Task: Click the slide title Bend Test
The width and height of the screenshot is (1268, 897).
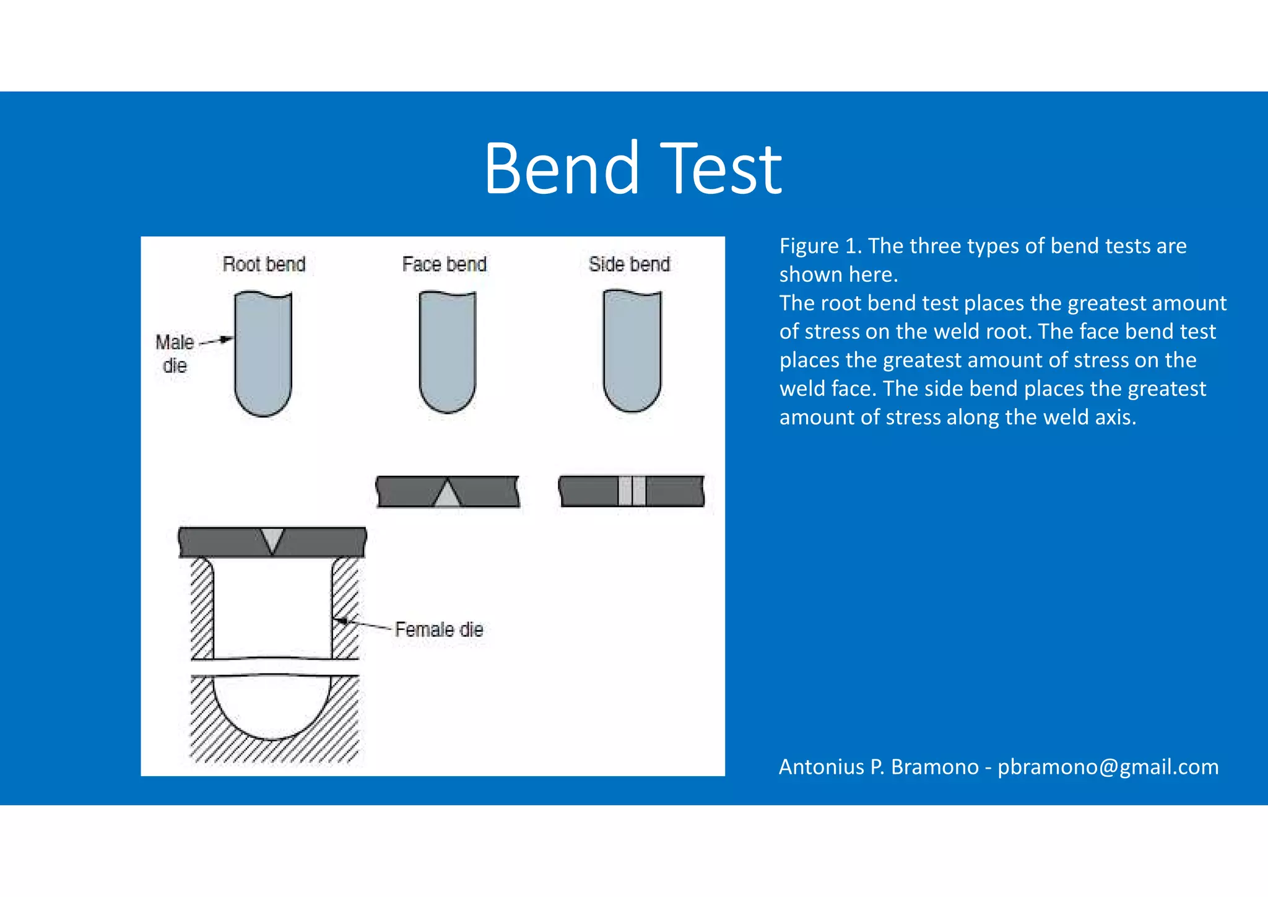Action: tap(633, 168)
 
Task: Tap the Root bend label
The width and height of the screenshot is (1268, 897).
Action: tap(264, 265)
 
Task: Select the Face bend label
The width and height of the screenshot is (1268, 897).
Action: tap(444, 265)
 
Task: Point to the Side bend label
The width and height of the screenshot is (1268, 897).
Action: tap(629, 265)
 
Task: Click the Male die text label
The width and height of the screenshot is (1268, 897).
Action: tap(175, 353)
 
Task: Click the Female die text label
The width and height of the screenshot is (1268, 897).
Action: tap(438, 629)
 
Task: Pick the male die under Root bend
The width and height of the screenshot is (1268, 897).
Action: tap(263, 353)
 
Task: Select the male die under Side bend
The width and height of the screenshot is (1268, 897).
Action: tap(632, 350)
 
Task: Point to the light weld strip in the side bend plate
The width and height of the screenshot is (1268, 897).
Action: tap(632, 491)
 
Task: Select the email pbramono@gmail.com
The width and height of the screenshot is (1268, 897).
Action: tap(1108, 767)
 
